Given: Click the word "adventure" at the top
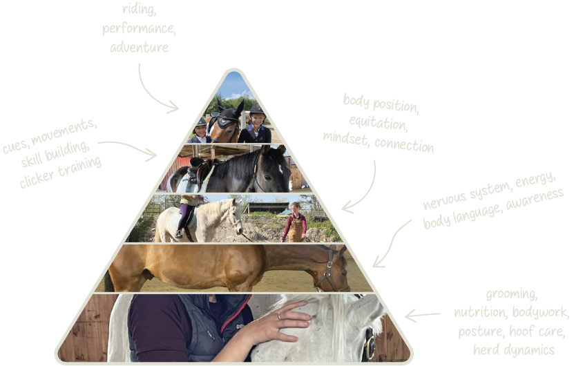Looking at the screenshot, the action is point(139,48).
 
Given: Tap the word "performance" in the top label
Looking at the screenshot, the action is point(139,29).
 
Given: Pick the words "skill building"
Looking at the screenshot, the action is point(55,154).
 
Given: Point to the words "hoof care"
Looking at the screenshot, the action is point(536,331).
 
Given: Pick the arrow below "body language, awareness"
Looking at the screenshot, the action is point(390,246).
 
